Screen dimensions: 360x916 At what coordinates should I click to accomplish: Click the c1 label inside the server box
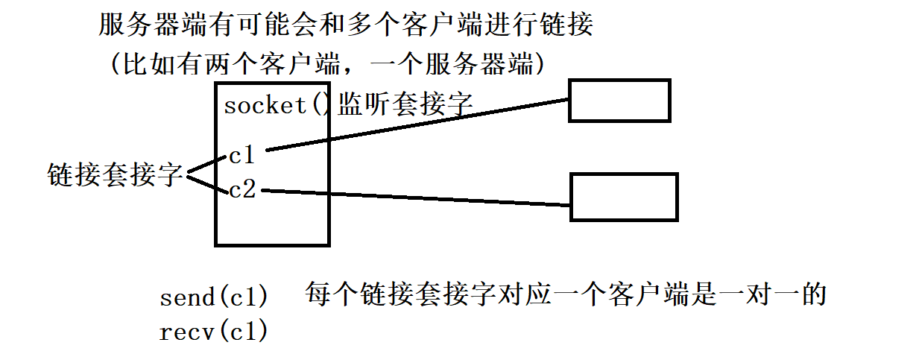point(242,156)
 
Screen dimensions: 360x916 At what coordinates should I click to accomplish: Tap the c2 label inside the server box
point(243,191)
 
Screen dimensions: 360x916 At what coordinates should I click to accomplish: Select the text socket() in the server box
point(276,105)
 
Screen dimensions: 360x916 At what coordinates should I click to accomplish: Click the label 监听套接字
point(405,104)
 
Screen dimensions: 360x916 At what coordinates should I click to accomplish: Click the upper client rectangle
point(619,101)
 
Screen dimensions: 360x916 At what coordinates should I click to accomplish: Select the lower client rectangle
point(624,197)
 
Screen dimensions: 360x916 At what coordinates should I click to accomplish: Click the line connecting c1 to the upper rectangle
point(417,124)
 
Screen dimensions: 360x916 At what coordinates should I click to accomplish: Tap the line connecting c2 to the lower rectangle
point(417,198)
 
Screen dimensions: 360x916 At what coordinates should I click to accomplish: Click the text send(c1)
point(214,298)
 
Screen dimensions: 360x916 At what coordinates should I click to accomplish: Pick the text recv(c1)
point(214,332)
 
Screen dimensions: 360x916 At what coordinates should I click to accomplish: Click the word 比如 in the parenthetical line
point(142,65)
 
